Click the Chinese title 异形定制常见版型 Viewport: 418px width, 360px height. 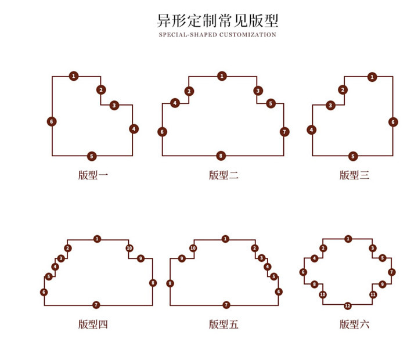[218, 21]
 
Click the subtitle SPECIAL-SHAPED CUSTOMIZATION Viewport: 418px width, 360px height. [218, 35]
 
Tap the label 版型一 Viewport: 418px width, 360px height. [93, 175]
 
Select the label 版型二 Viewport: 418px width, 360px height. [224, 175]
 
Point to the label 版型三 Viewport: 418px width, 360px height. [354, 175]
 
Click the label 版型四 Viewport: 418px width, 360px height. [93, 325]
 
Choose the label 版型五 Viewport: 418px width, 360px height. [224, 325]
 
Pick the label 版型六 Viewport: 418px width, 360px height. [354, 325]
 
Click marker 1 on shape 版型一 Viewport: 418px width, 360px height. [74, 76]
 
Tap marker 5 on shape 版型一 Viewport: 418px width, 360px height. [92, 156]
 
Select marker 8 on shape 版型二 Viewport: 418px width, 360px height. [221, 156]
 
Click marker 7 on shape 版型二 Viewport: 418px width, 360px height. [284, 132]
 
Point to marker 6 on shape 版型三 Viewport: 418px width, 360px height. [393, 122]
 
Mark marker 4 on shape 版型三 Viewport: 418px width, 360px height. [312, 130]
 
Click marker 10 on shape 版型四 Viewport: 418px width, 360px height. [129, 249]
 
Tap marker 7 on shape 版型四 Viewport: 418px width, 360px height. [96, 305]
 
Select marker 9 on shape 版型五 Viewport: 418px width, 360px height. [182, 258]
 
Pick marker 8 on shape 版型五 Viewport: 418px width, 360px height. [170, 283]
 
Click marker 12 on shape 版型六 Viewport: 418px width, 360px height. [347, 305]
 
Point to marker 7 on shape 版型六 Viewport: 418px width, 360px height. [391, 272]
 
